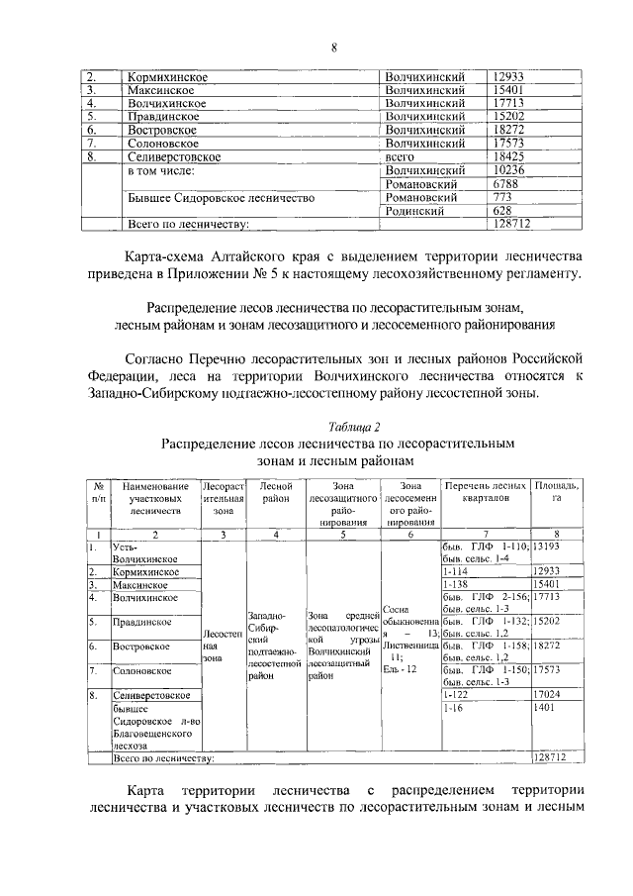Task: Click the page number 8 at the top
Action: (333, 45)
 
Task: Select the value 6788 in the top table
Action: (507, 183)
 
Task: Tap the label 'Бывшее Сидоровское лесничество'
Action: (222, 198)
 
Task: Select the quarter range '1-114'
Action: (455, 572)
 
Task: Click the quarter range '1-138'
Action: (455, 585)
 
